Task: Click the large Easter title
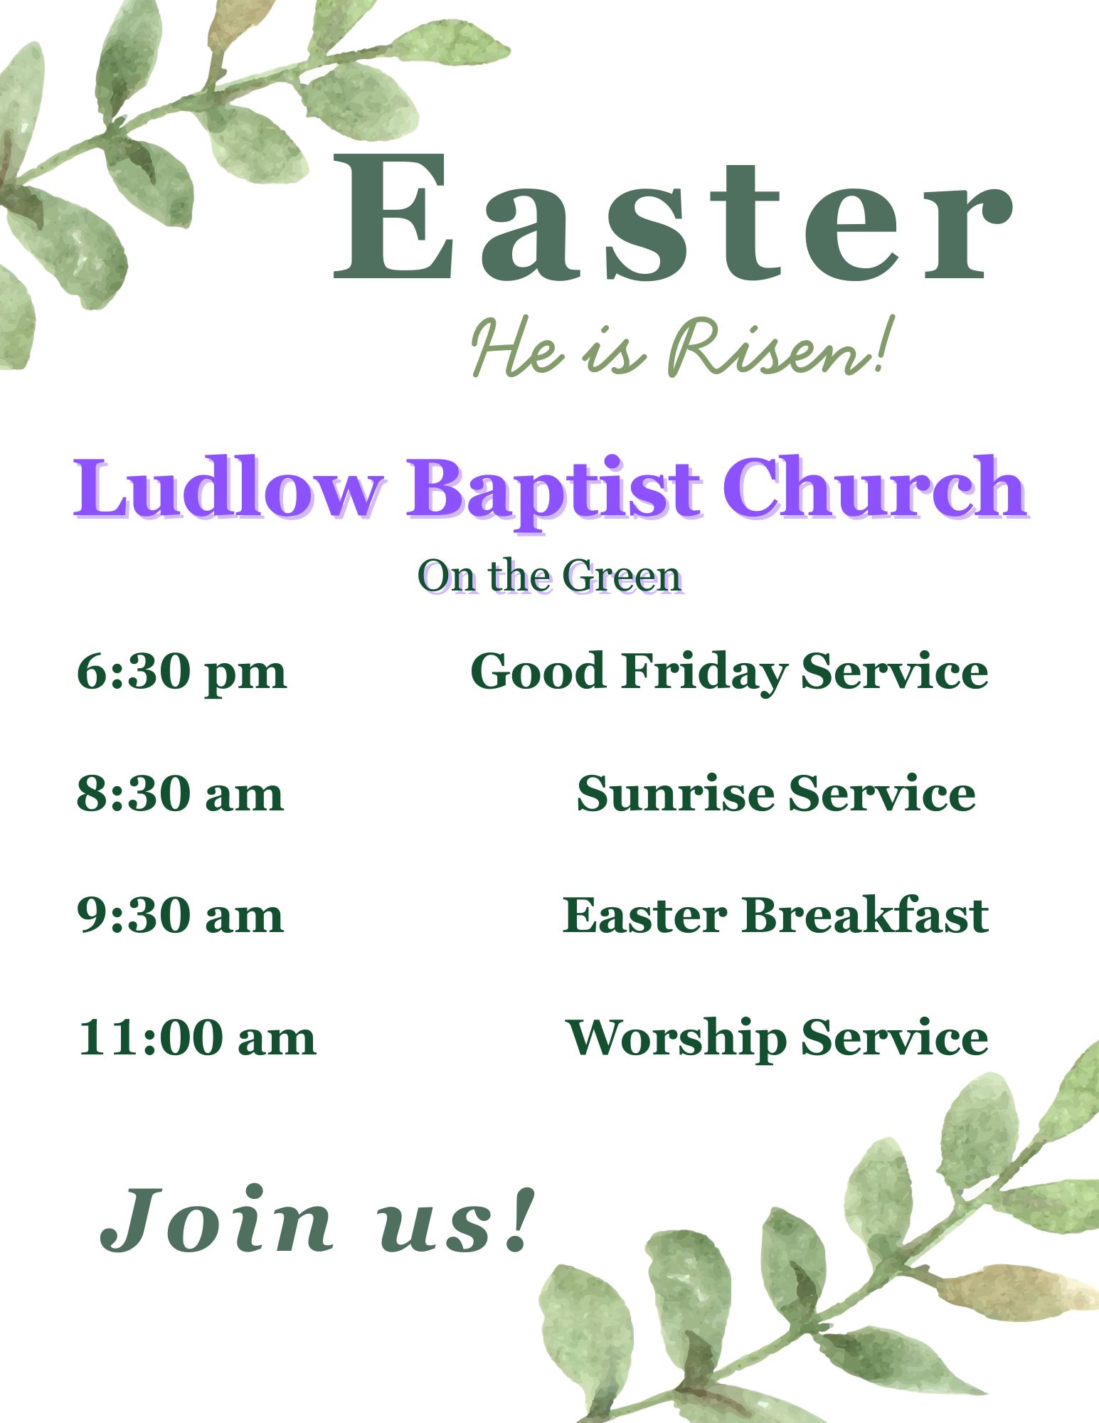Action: point(672,217)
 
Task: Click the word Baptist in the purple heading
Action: point(555,491)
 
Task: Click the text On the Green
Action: point(551,576)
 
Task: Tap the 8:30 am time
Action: point(180,793)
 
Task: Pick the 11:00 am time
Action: point(197,1038)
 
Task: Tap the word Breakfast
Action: point(866,915)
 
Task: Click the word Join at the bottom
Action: point(217,1220)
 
